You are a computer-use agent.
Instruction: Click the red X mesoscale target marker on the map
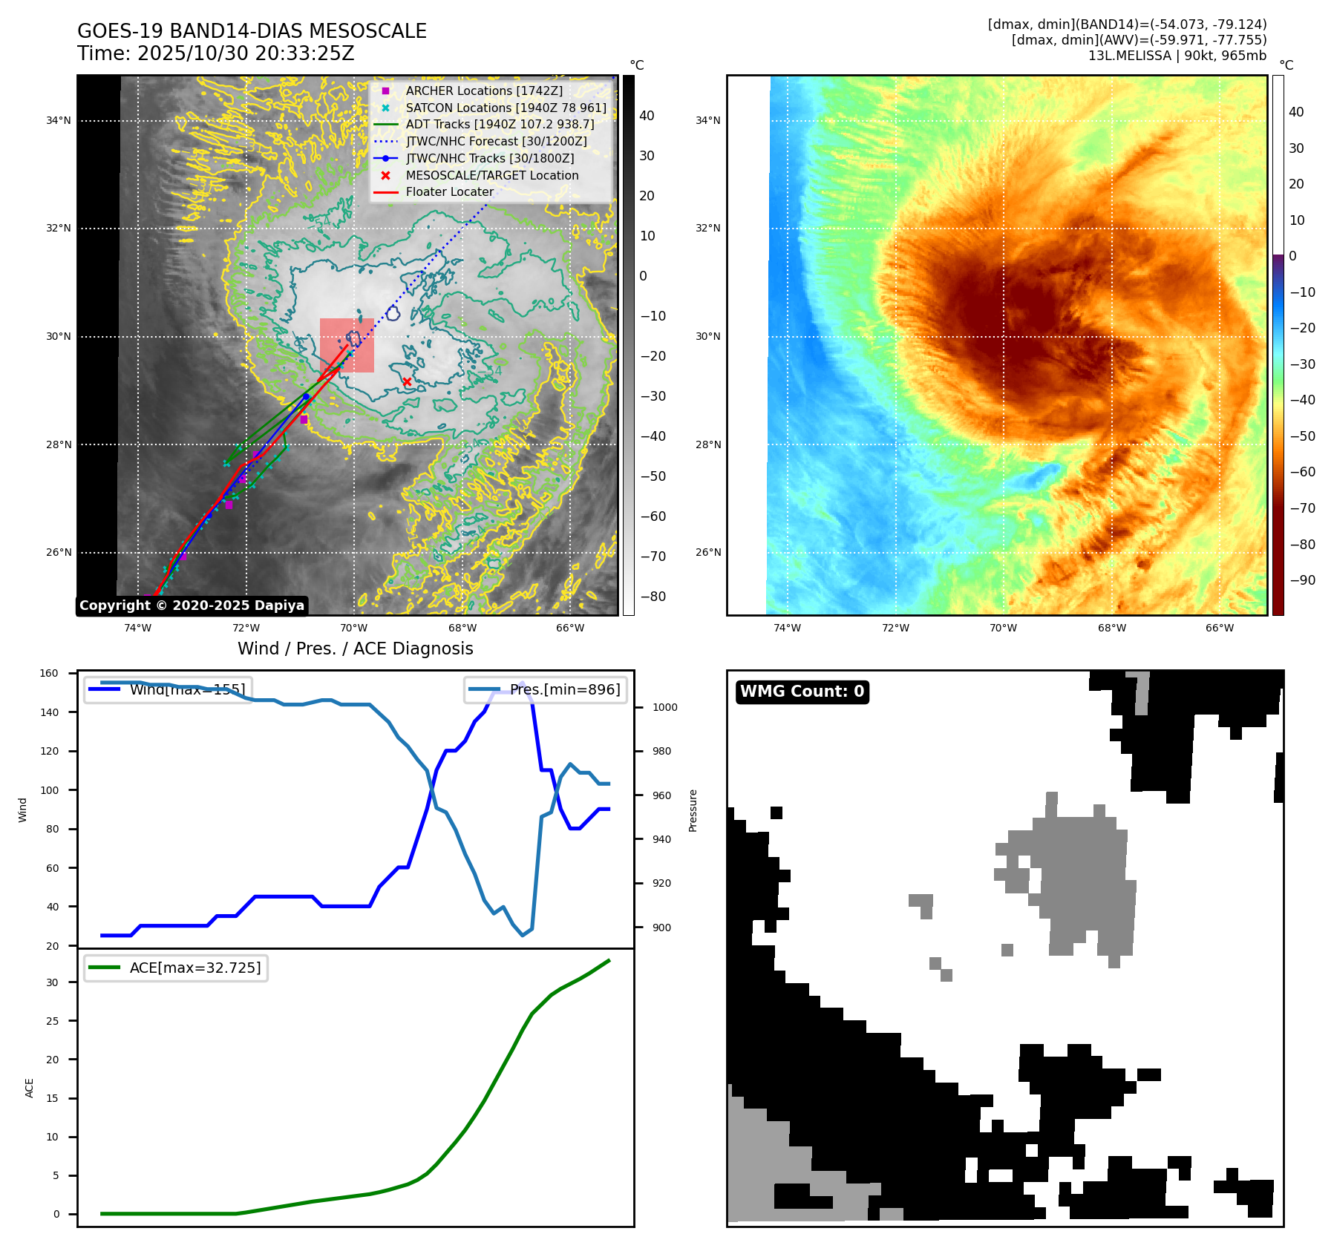coord(407,381)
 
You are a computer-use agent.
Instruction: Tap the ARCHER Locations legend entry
coord(483,91)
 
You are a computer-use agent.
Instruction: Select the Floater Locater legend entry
coord(449,191)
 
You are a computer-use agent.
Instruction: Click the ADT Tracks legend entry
coord(500,124)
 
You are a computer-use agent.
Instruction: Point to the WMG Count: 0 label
coord(802,692)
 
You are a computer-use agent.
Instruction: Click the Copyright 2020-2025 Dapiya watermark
coord(192,605)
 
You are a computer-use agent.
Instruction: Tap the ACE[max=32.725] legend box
coord(176,968)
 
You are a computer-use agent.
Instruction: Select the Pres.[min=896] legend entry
coord(546,689)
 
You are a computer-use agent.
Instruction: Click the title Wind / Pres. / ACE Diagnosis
coord(355,649)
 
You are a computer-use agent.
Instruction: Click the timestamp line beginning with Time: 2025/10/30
coord(215,53)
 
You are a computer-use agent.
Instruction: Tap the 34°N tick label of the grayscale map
coord(59,120)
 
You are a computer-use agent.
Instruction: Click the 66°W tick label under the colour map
coord(1219,628)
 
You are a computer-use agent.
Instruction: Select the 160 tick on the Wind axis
coord(49,673)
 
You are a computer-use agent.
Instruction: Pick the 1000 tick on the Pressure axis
coord(664,707)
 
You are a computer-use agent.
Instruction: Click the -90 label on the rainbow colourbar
coord(1302,580)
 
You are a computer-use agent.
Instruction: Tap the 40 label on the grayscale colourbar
coord(647,116)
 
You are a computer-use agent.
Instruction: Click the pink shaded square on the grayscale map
coord(347,346)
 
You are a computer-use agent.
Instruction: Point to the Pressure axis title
coord(693,810)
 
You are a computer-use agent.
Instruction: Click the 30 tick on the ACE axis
coord(52,982)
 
